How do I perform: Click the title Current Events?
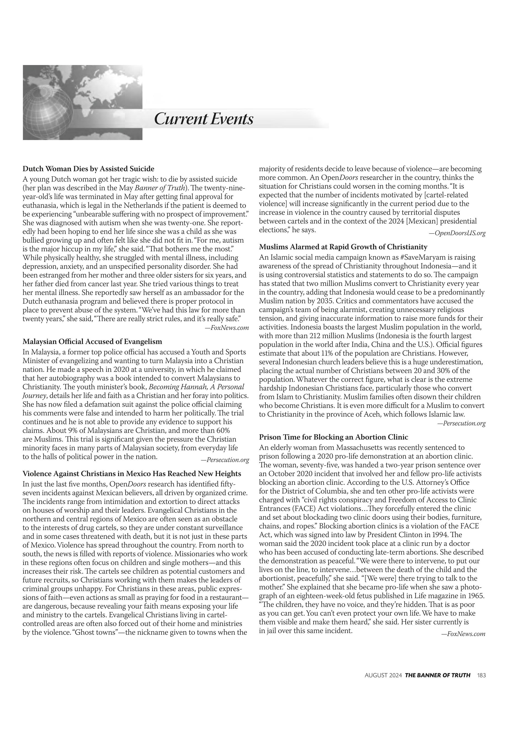coord(204,119)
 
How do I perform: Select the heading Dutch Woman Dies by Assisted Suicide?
coord(88,169)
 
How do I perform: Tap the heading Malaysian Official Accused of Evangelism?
coord(92,341)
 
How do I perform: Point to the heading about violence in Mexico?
coord(132,474)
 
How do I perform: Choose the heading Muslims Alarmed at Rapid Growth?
coord(343,247)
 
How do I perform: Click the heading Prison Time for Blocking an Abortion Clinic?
coord(334,437)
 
